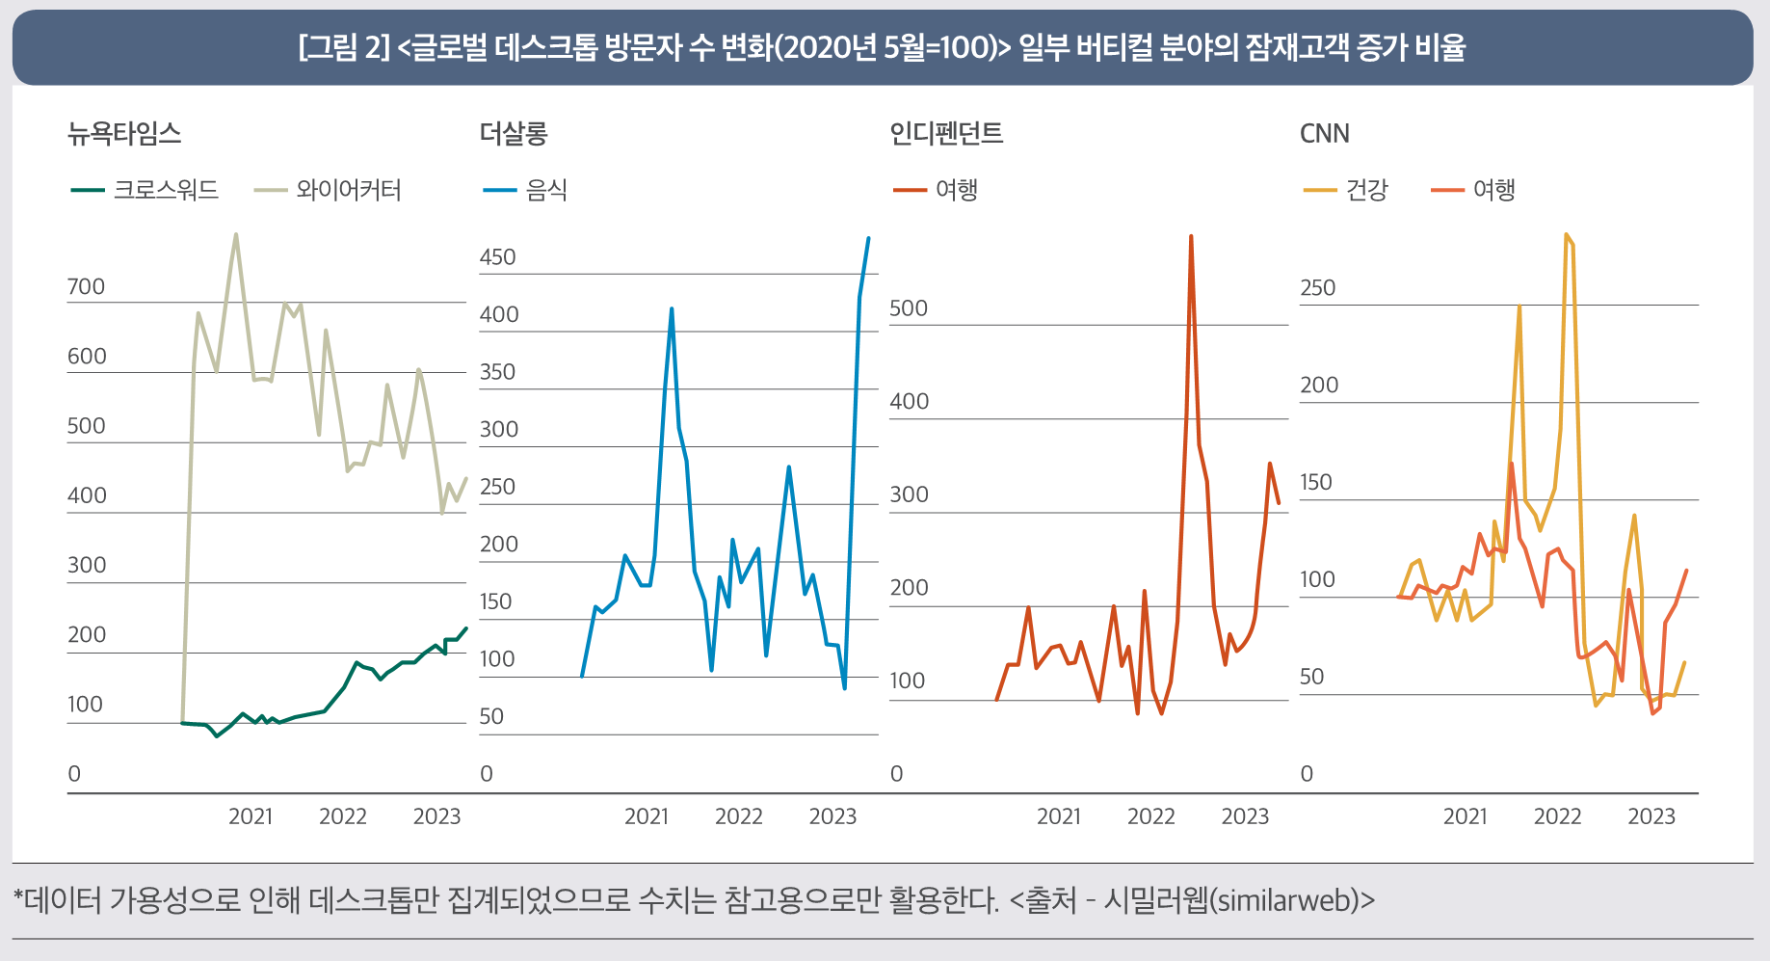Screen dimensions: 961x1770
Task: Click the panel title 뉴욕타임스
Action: pyautogui.click(x=124, y=133)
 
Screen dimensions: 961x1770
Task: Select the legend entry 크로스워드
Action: pyautogui.click(x=166, y=190)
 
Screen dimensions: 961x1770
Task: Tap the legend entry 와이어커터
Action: pyautogui.click(x=348, y=190)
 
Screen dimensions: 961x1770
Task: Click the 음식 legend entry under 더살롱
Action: pyautogui.click(x=546, y=190)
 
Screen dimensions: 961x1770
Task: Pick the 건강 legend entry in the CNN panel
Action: pyautogui.click(x=1366, y=190)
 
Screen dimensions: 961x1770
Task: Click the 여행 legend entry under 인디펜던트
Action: pyautogui.click(x=957, y=190)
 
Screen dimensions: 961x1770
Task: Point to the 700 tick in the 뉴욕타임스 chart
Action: pyautogui.click(x=86, y=287)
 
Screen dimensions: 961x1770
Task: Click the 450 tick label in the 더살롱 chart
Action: pyautogui.click(x=497, y=257)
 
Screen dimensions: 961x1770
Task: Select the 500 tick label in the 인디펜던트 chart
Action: pyautogui.click(x=908, y=308)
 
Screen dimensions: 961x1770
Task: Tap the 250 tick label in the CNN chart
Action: pyautogui.click(x=1317, y=288)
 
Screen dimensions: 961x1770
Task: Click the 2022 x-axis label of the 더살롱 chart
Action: pyautogui.click(x=738, y=816)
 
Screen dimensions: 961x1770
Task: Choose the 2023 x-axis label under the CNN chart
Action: pyautogui.click(x=1651, y=816)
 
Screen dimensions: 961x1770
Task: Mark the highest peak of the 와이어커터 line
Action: pyautogui.click(x=236, y=234)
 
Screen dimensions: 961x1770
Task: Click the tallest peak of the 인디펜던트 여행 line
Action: pyautogui.click(x=1191, y=236)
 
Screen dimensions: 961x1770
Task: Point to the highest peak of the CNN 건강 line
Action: pyautogui.click(x=1566, y=234)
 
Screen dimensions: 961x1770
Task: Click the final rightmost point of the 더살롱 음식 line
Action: pyautogui.click(x=868, y=238)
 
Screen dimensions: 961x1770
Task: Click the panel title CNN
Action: pyautogui.click(x=1324, y=133)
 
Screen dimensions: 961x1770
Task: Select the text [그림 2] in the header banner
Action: pyautogui.click(x=344, y=47)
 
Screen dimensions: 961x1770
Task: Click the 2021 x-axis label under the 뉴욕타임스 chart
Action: pyautogui.click(x=251, y=816)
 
